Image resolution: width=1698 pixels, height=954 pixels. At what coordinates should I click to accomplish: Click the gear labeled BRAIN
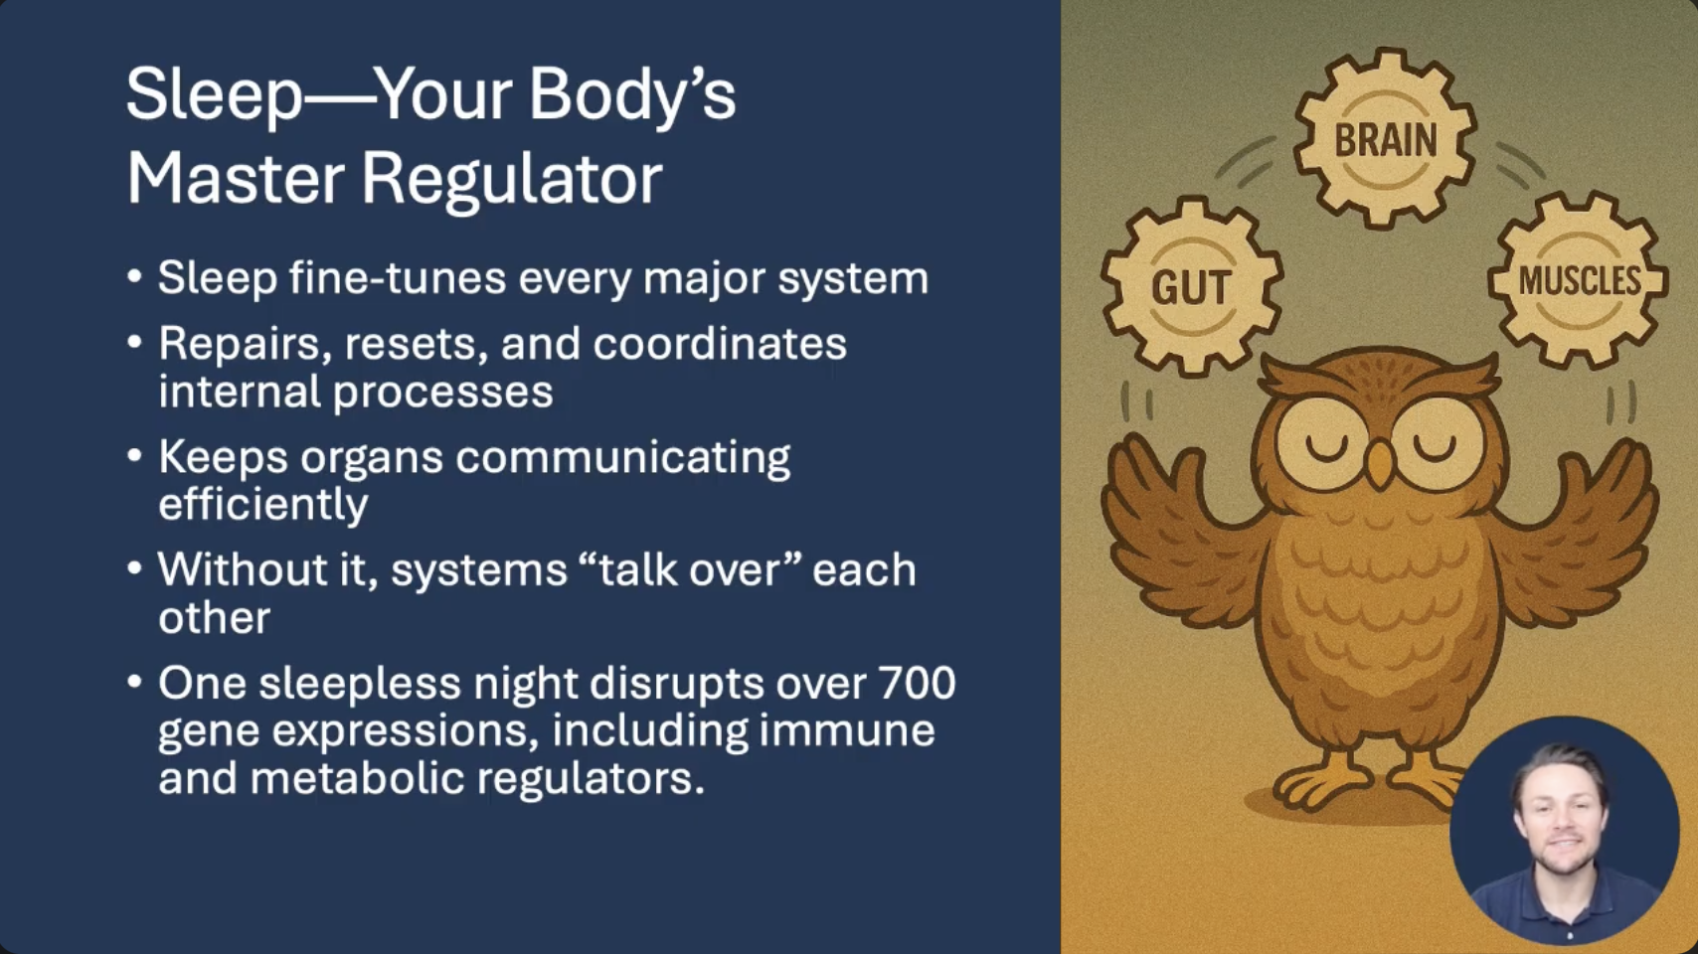click(1385, 139)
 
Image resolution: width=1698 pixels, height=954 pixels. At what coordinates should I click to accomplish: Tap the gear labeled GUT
click(1192, 286)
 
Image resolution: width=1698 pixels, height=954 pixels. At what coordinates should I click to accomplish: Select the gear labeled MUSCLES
click(1579, 280)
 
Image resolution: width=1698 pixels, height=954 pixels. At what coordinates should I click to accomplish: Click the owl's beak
click(1381, 463)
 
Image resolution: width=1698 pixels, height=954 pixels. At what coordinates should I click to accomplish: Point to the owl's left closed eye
click(1326, 447)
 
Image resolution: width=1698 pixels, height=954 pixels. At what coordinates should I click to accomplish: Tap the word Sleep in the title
click(214, 95)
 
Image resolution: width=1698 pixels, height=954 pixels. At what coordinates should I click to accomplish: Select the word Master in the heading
click(235, 179)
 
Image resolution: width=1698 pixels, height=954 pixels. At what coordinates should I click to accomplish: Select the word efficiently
click(263, 505)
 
